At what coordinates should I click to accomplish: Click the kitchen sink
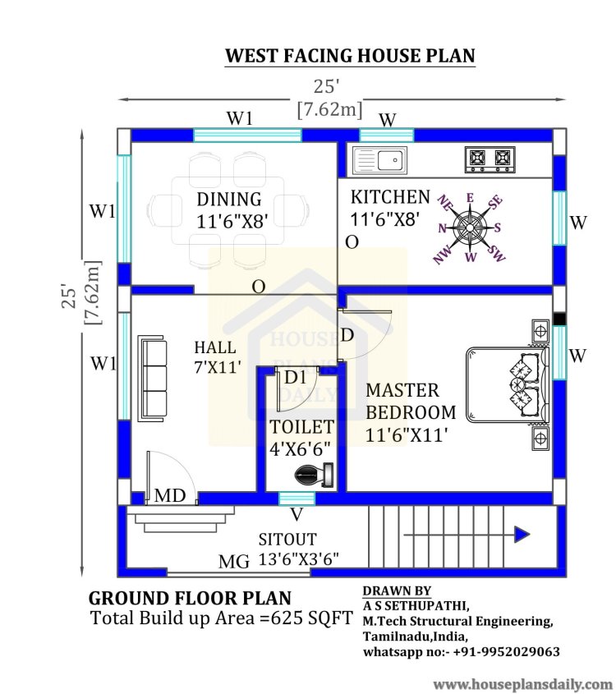[x=379, y=160]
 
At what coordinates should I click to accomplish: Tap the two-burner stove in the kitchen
[x=490, y=160]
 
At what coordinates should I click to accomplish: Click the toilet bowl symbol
[x=315, y=475]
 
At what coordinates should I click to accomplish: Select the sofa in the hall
[x=153, y=379]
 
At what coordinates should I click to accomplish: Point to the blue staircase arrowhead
[x=522, y=535]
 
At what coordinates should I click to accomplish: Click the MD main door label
[x=170, y=496]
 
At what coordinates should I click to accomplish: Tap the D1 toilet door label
[x=295, y=378]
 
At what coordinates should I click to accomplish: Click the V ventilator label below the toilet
[x=297, y=515]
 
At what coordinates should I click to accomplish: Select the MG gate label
[x=234, y=562]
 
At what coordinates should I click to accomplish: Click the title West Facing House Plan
[x=350, y=56]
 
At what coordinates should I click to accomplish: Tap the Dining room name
[x=229, y=200]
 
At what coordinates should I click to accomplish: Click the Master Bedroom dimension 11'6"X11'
[x=407, y=435]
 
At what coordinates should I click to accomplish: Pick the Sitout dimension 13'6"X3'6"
[x=298, y=559]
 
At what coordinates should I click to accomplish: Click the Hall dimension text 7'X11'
[x=218, y=367]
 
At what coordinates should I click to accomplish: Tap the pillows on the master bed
[x=525, y=384]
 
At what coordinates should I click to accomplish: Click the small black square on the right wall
[x=559, y=319]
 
